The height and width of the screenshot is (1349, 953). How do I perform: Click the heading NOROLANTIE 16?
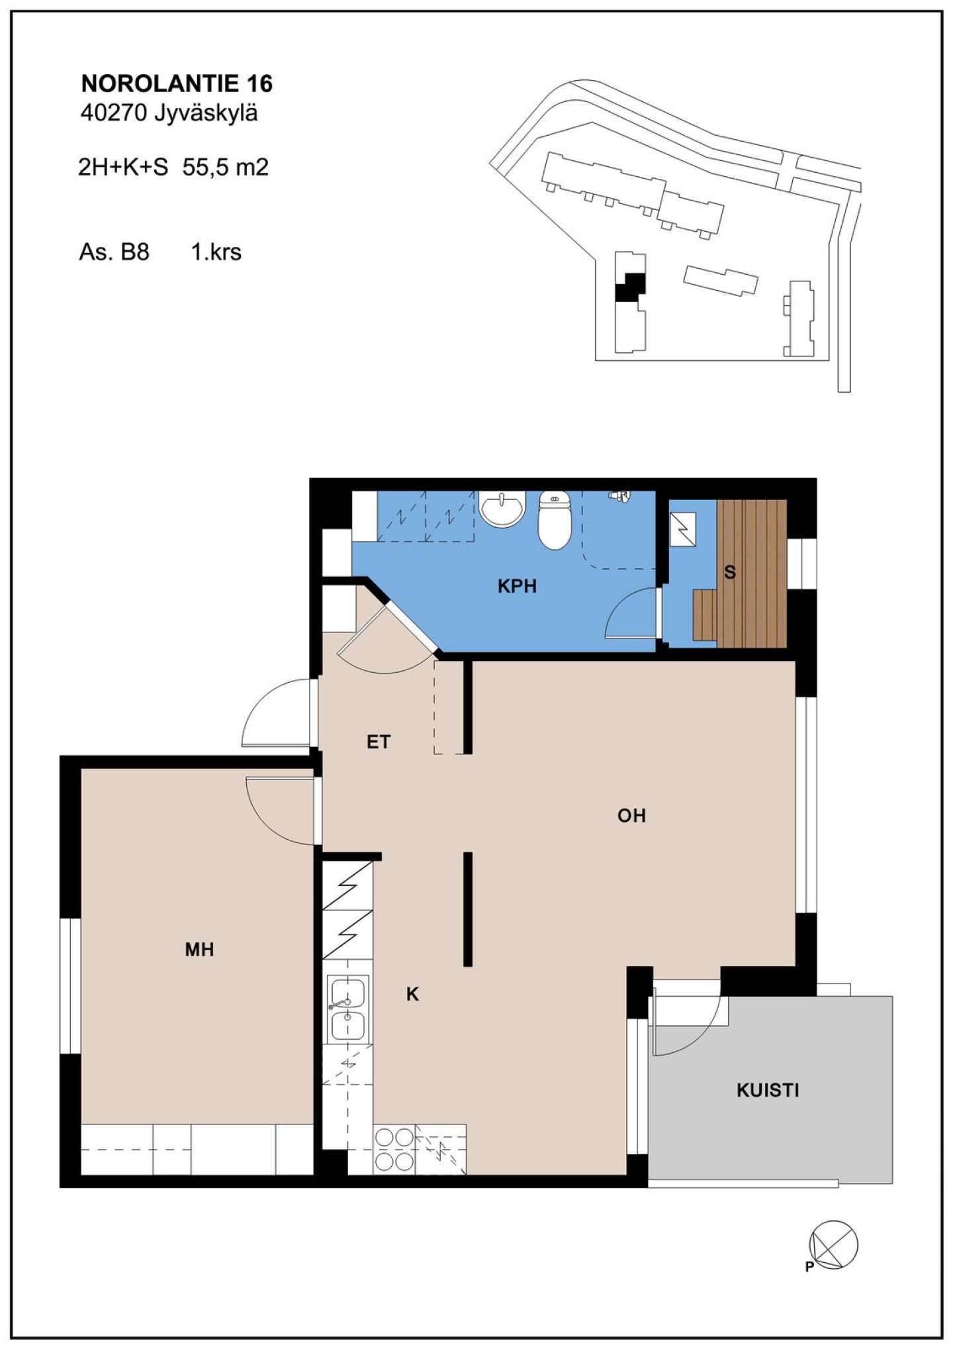(x=177, y=83)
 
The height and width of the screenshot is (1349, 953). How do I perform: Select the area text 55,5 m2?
(x=226, y=167)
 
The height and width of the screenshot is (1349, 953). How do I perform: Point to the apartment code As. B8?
(x=114, y=252)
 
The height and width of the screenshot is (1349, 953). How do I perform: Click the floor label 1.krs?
(x=216, y=252)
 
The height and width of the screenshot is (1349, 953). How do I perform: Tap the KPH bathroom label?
(x=517, y=585)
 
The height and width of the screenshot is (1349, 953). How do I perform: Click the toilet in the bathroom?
(x=555, y=521)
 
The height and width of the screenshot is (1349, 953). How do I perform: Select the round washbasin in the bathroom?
(x=502, y=509)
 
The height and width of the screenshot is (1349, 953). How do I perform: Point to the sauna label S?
(x=730, y=572)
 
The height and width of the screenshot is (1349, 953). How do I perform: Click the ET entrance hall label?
(x=379, y=742)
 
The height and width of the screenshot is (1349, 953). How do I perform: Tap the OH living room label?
(x=631, y=815)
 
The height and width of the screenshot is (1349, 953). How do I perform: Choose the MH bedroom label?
(x=199, y=950)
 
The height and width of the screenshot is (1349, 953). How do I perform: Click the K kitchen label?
(x=412, y=994)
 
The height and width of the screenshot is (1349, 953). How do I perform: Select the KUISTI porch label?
(x=768, y=1090)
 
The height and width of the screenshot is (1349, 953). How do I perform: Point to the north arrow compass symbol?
(x=834, y=1244)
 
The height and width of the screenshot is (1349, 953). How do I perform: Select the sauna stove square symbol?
(x=683, y=529)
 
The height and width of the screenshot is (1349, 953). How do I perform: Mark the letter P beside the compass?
(x=809, y=1268)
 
